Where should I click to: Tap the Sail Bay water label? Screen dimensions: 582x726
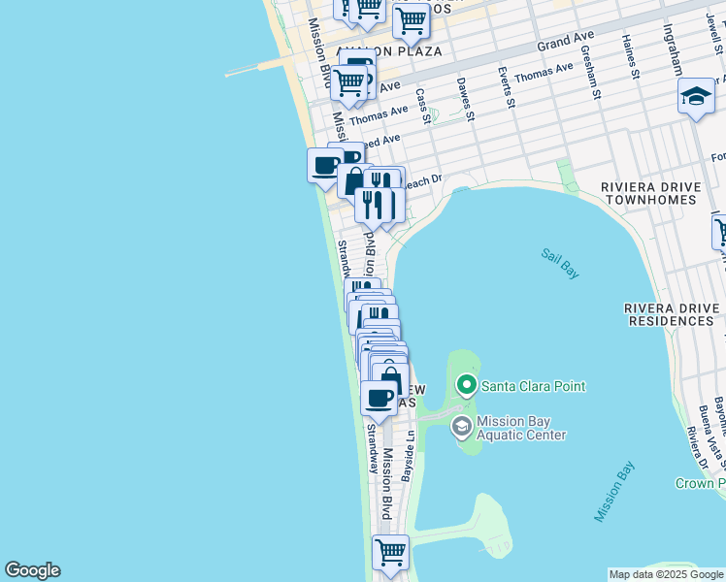[x=560, y=264]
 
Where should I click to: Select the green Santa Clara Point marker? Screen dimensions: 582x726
[x=467, y=385]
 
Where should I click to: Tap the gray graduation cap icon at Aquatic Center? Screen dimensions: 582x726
[x=462, y=427]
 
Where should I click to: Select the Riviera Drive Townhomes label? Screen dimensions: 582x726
[x=648, y=193]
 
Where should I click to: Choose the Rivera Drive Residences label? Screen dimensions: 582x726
[x=674, y=313]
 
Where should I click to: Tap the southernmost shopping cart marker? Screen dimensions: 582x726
[x=390, y=552]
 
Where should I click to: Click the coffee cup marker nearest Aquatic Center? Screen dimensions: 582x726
[x=379, y=397]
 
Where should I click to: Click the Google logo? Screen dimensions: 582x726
[x=32, y=570]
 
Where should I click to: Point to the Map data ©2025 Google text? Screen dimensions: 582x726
[x=666, y=574]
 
